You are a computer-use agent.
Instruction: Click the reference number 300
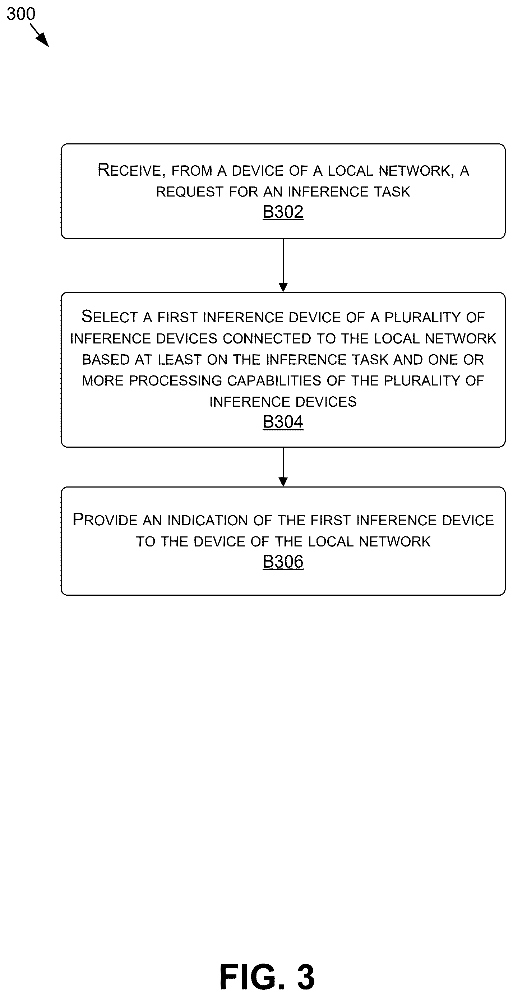coord(21,14)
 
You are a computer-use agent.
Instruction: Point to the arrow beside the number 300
coord(39,35)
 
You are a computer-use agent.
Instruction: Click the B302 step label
coord(283,212)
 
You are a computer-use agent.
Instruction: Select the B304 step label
coord(283,422)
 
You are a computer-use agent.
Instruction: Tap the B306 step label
coord(283,562)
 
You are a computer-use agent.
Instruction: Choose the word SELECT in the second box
coord(110,317)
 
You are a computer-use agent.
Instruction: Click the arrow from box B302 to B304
coord(283,266)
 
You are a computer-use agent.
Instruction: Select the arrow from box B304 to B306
coord(283,467)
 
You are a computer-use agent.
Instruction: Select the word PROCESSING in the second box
coord(176,381)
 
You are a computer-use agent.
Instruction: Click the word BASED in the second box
coord(106,360)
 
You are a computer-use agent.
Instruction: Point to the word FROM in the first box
coord(192,171)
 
